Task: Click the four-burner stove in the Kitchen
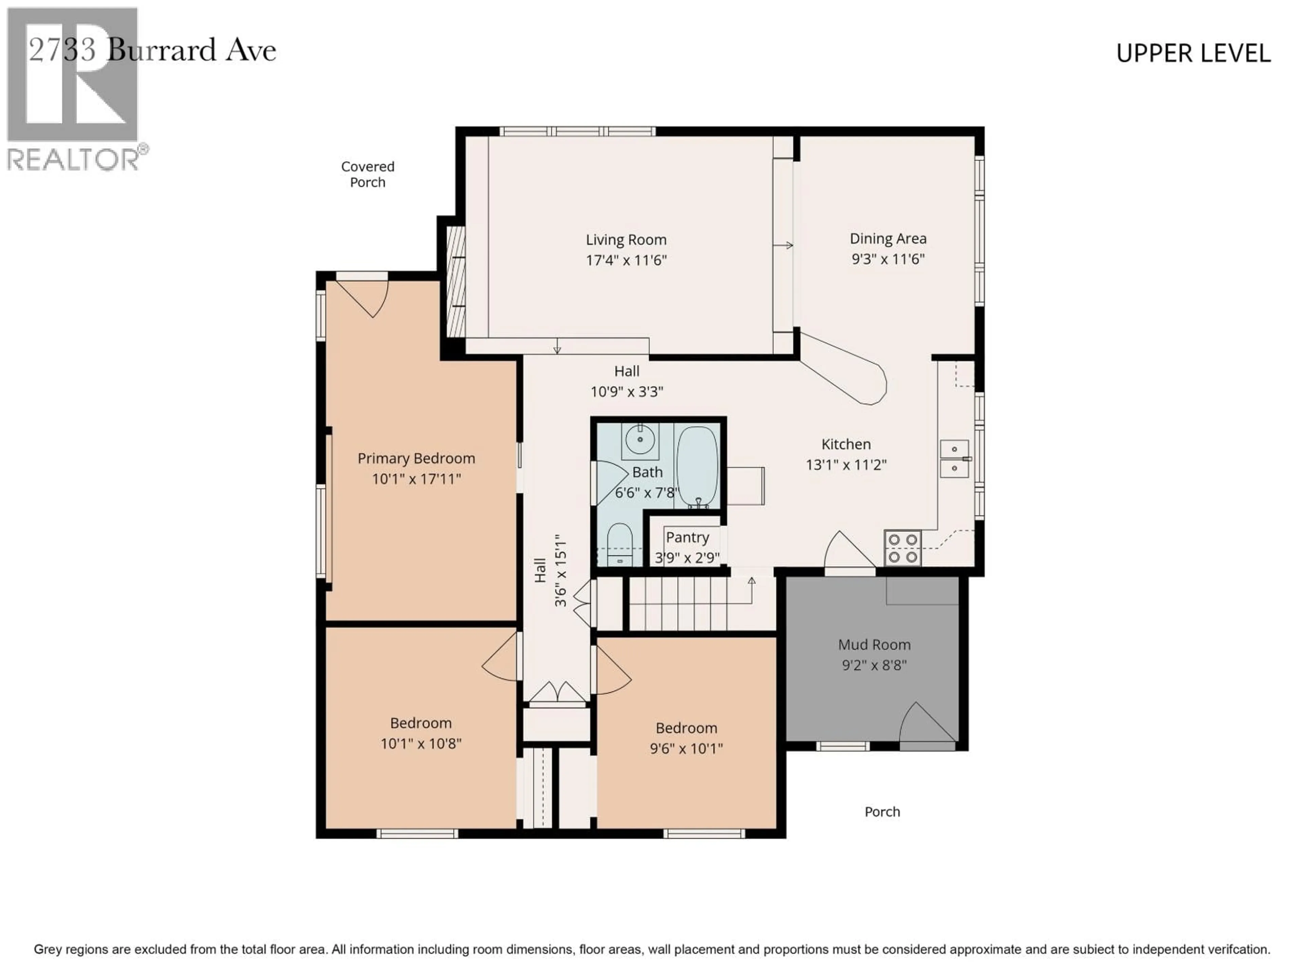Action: [902, 548]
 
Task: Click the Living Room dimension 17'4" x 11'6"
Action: [626, 260]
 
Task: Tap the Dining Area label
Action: [888, 239]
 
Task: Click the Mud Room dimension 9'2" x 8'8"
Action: [874, 665]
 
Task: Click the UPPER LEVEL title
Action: [1193, 54]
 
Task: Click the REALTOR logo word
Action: [74, 159]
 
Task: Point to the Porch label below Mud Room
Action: [882, 812]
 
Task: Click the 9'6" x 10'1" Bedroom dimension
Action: [686, 749]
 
